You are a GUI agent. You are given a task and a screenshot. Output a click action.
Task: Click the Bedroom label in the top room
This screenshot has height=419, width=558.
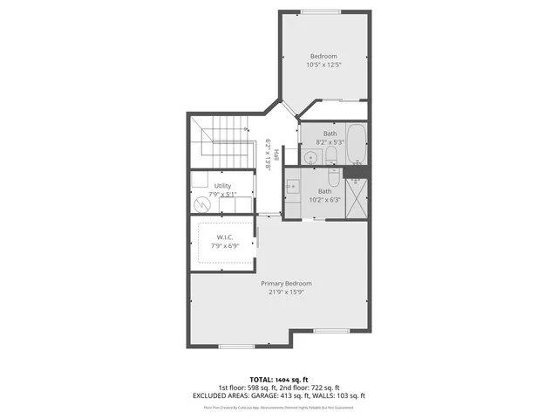coord(323,56)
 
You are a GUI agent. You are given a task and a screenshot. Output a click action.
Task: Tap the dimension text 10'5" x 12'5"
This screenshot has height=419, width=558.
coord(323,65)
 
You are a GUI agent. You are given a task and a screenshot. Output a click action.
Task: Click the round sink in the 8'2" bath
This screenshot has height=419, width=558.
coord(310,158)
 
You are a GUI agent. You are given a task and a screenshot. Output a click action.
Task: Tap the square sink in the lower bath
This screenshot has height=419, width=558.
coord(293,186)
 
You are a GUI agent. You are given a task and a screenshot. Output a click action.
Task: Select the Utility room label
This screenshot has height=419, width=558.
coord(222,186)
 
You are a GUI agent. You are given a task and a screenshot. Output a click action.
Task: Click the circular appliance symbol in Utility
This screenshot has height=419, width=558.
coord(202,203)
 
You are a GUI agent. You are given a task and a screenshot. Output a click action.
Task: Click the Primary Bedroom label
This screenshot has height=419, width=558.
coord(286,284)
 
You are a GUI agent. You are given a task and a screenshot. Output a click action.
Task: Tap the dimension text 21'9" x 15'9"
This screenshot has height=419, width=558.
coord(286,292)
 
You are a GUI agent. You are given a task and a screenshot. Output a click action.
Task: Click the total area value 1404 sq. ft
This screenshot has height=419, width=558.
coord(291,380)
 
